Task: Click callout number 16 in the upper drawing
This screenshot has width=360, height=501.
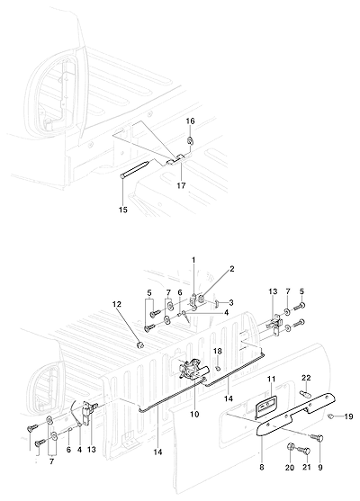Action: pyautogui.click(x=190, y=121)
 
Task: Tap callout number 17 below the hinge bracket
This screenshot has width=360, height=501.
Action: pyautogui.click(x=181, y=185)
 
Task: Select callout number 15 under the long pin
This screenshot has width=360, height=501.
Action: pyautogui.click(x=123, y=210)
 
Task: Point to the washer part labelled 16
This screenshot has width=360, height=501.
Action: pyautogui.click(x=190, y=140)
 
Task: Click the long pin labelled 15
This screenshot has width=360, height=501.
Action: pyautogui.click(x=135, y=169)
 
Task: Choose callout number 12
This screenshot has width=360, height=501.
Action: pyautogui.click(x=117, y=304)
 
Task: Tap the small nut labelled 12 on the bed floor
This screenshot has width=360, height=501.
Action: pyautogui.click(x=139, y=345)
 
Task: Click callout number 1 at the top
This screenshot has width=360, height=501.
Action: pyautogui.click(x=193, y=261)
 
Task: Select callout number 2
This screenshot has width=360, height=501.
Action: pyautogui.click(x=231, y=269)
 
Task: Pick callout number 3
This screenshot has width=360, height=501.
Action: pyautogui.click(x=230, y=302)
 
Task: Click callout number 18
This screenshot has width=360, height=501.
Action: pyautogui.click(x=218, y=351)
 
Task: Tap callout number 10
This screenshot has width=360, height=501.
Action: pyautogui.click(x=194, y=415)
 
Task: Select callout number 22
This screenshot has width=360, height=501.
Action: pyautogui.click(x=306, y=378)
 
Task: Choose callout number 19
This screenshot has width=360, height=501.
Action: pyautogui.click(x=348, y=416)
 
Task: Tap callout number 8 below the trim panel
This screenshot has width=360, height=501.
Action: pyautogui.click(x=262, y=468)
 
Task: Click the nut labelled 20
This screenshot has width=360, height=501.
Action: pyautogui.click(x=291, y=448)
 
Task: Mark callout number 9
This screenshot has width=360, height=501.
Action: pyautogui.click(x=320, y=468)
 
